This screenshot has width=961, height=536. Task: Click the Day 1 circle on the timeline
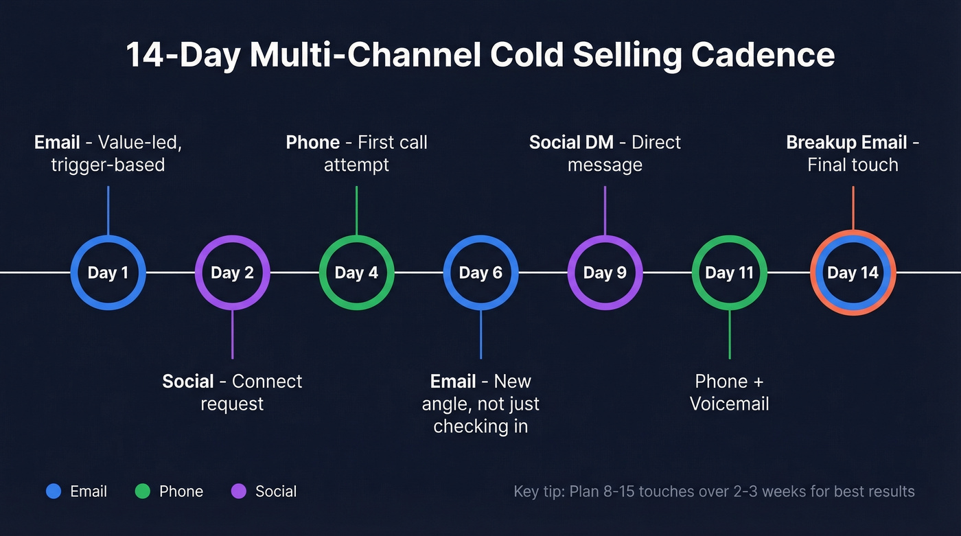[108, 272]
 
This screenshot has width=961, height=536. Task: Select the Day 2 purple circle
[232, 272]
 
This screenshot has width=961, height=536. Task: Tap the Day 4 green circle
[356, 272]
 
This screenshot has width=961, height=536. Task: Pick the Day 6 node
[480, 272]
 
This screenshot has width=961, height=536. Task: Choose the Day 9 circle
[605, 272]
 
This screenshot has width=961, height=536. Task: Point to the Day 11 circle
[729, 272]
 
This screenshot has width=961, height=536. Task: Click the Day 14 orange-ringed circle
[853, 272]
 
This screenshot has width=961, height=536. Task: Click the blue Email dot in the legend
[54, 491]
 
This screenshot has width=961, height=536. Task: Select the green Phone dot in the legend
[142, 491]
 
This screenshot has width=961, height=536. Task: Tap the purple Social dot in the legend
[238, 491]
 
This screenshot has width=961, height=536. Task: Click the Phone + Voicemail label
[729, 392]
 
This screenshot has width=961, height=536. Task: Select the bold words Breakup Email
[846, 142]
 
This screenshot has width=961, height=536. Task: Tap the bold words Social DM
[571, 142]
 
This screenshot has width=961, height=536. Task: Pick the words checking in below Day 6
[480, 426]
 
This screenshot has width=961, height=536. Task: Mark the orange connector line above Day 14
[853, 207]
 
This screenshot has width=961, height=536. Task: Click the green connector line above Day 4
[356, 210]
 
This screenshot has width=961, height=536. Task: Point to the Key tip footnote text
[714, 491]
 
